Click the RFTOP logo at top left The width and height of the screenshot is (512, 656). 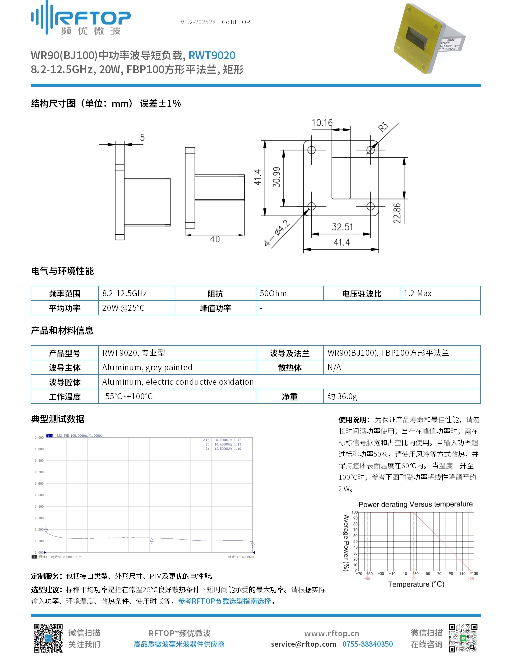point(81,18)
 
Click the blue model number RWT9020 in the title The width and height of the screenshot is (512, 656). point(212,56)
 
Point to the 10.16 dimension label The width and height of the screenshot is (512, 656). point(322,123)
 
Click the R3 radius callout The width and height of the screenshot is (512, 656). point(383,127)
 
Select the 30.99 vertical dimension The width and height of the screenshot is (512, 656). point(276,177)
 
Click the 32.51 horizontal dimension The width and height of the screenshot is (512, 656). point(342,227)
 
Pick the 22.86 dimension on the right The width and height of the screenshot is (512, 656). point(397,213)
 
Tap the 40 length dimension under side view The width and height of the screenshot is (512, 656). point(215,239)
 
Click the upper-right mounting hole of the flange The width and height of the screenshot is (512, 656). point(371,150)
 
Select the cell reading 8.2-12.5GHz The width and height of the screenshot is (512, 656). point(125,294)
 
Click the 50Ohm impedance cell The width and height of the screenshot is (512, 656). point(273,294)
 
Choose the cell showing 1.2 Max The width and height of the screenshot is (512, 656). point(418,294)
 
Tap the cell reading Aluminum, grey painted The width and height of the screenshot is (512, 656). point(147,368)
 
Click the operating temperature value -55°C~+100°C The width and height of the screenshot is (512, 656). point(127,397)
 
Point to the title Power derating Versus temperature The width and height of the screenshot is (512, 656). point(415,504)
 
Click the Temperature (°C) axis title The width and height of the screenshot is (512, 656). point(416,584)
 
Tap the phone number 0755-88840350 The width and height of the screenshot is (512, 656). point(367,644)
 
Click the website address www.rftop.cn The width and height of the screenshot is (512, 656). point(331,633)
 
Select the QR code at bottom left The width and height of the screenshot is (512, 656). point(48,638)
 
